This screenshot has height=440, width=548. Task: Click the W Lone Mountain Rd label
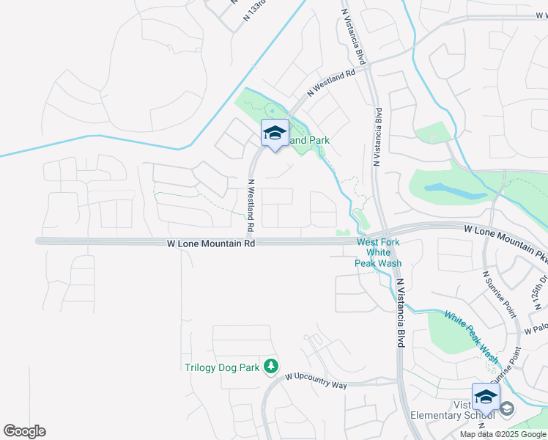[211, 243]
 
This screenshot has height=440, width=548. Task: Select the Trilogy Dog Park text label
[222, 367]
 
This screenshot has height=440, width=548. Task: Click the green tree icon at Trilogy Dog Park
[271, 365]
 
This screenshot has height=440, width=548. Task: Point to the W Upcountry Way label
[316, 380]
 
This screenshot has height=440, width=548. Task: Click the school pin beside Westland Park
[275, 133]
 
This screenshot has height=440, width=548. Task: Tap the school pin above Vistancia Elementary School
[486, 397]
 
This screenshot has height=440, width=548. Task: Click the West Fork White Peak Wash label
[379, 253]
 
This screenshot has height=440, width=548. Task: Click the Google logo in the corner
[24, 431]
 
